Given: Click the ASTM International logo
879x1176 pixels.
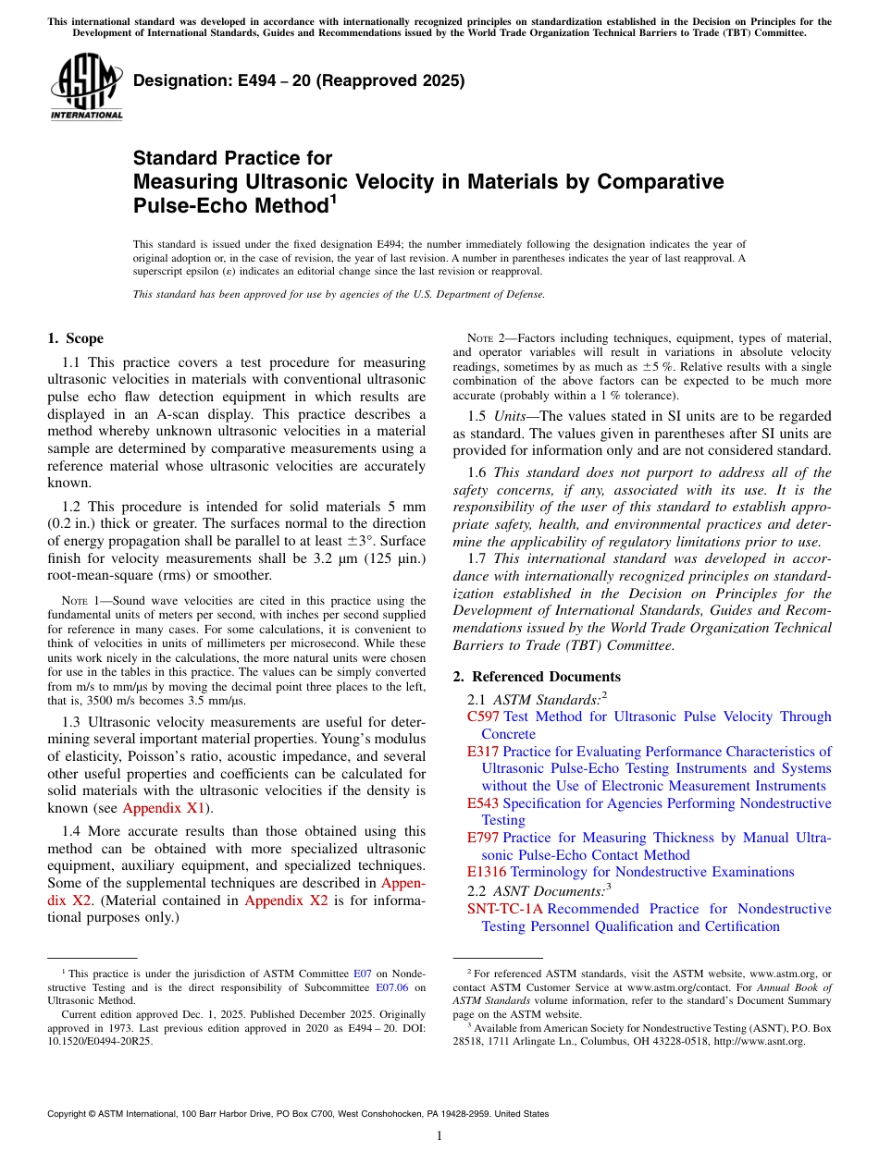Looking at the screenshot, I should tap(86, 87).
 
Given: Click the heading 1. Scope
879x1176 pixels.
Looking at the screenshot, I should tap(75, 338).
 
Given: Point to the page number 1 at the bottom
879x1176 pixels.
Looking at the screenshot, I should tap(439, 1136).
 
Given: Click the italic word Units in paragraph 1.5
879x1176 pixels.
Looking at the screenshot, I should tap(511, 416).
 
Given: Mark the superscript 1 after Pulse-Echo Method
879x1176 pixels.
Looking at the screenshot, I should tap(333, 199).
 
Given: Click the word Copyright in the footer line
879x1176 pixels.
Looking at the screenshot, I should tap(68, 1114).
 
